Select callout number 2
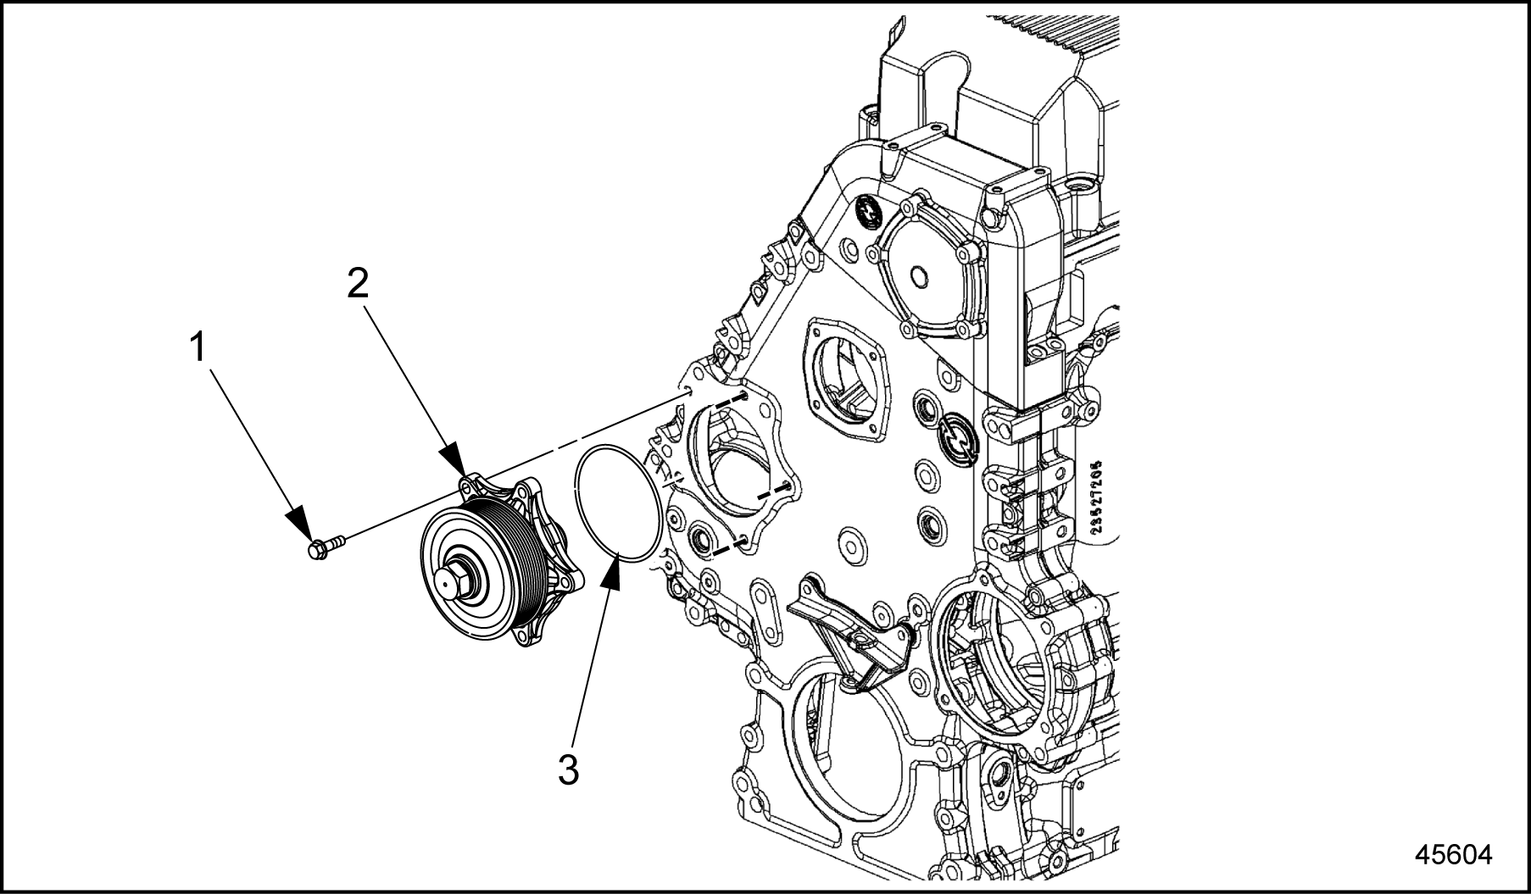(358, 284)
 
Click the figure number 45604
(1453, 853)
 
